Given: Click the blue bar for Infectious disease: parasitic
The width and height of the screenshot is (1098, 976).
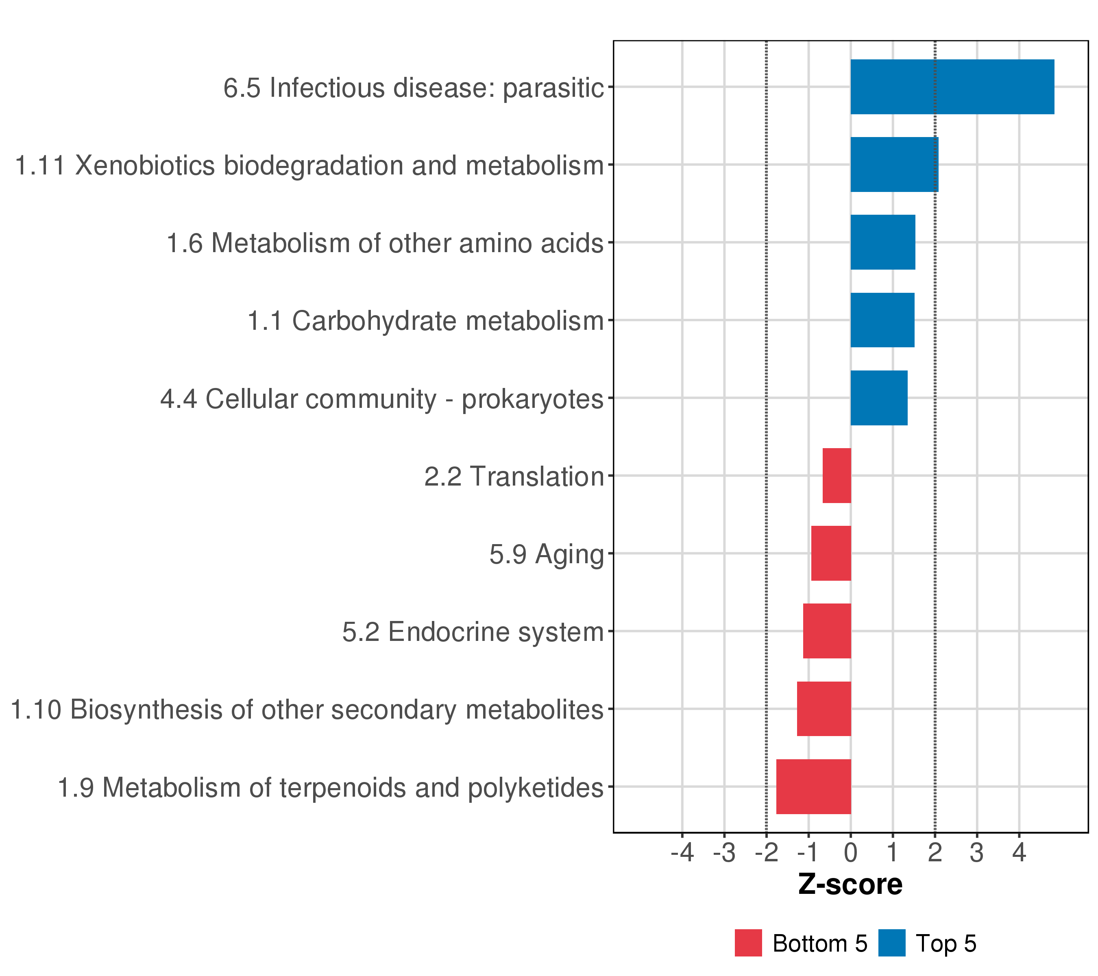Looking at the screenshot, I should tap(952, 87).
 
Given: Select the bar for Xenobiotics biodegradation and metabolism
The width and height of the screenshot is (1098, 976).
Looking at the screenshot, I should tap(894, 164).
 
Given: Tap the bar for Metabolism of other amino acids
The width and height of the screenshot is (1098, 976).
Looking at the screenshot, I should tap(882, 242).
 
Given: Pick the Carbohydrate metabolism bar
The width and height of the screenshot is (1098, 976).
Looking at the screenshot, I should tap(882, 320).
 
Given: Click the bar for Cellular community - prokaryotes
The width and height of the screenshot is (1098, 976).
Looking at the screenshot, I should tap(879, 398).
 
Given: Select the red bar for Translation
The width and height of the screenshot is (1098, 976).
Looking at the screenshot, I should tap(837, 475).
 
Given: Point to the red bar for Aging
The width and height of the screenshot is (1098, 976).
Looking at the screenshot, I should tap(830, 553).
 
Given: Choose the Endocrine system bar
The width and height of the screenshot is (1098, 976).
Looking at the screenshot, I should tap(827, 631).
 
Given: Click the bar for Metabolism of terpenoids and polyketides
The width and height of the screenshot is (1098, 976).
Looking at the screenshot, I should tap(813, 786).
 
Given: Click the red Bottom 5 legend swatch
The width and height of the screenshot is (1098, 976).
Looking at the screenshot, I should tap(748, 943).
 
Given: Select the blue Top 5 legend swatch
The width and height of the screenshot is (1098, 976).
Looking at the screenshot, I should tap(892, 943).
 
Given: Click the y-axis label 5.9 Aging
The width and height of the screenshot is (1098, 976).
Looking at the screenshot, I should tap(546, 554).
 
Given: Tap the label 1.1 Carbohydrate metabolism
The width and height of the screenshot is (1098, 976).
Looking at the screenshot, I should tap(425, 321).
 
